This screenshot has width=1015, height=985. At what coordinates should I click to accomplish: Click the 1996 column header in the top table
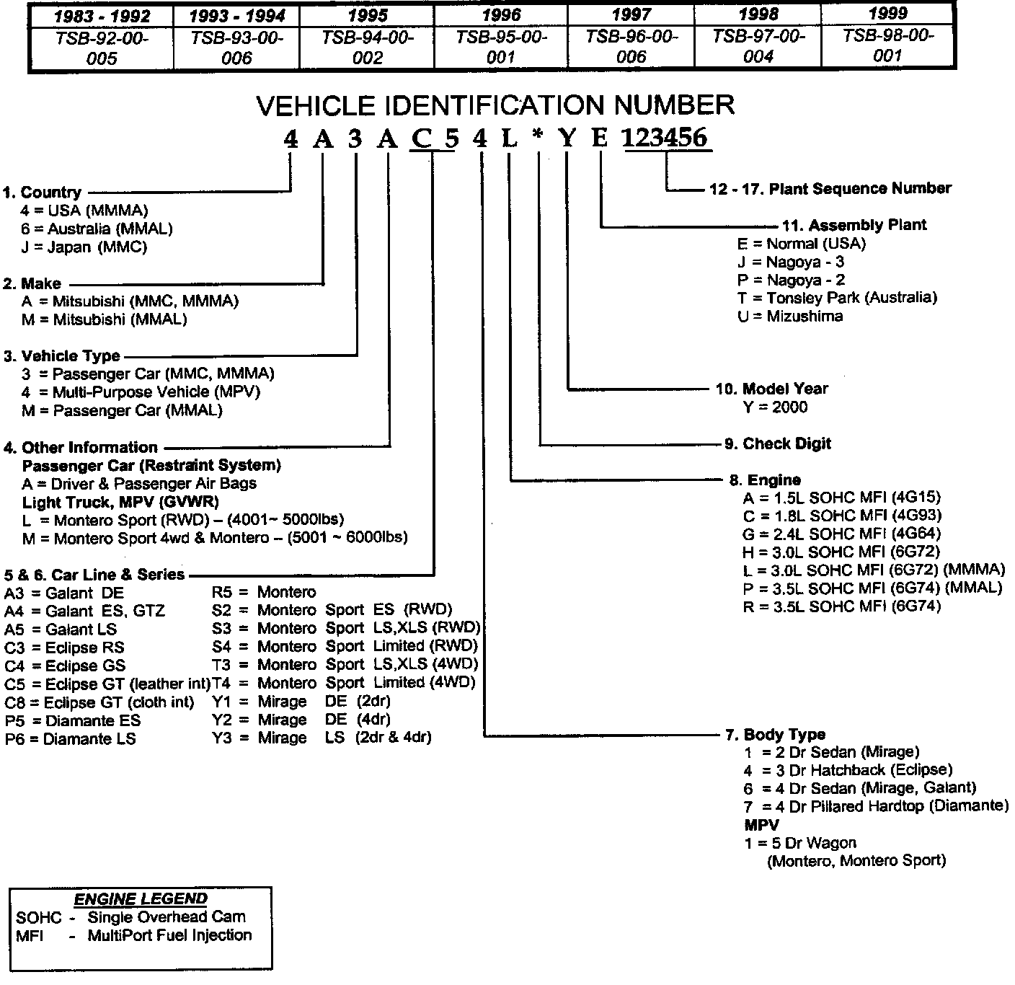[501, 14]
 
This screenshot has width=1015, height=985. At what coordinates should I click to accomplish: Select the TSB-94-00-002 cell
[368, 48]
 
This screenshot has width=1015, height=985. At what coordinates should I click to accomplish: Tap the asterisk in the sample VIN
[537, 138]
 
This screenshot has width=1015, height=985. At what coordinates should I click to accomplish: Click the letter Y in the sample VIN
[568, 138]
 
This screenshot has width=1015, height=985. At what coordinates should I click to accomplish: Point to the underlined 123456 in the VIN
[666, 138]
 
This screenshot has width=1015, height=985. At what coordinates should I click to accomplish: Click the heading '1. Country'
[42, 193]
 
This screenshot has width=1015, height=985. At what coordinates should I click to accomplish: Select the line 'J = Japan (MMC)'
[84, 247]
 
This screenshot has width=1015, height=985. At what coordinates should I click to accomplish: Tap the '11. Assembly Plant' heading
[854, 225]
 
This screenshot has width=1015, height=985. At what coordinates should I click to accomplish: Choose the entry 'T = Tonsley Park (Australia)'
[837, 298]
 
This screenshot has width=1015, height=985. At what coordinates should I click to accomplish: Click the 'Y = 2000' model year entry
[775, 407]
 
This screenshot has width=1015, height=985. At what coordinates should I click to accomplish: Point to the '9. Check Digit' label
[777, 443]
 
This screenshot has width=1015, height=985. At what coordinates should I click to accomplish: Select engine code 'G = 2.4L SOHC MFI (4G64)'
[842, 534]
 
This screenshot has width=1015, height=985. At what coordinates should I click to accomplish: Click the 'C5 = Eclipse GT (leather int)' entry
[107, 684]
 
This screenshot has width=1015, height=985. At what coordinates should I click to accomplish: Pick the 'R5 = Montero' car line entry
[264, 593]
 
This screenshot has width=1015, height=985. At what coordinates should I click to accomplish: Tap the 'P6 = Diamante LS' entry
[70, 739]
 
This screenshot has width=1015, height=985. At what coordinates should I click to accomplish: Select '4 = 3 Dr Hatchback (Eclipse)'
[848, 770]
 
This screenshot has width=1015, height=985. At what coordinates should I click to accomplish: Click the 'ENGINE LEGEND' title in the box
[141, 899]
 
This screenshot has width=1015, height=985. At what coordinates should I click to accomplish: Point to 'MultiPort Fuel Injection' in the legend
[169, 936]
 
